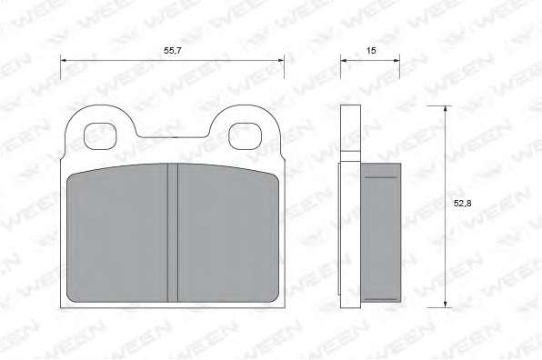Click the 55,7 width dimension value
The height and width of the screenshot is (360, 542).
coord(173,51)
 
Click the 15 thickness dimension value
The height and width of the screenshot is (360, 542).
coord(371,51)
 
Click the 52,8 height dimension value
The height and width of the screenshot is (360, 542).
coord(462,204)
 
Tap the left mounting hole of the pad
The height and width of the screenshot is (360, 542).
coord(100,136)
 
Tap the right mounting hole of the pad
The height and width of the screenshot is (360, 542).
coord(245,136)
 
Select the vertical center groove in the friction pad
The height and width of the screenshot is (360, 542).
coord(173,233)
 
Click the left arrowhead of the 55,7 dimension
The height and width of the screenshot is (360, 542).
coord(64,61)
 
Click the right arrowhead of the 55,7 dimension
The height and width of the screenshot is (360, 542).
coord(281,61)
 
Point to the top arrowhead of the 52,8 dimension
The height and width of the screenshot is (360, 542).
coord(446,109)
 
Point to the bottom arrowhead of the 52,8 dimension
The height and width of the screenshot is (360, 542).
coord(446,304)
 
